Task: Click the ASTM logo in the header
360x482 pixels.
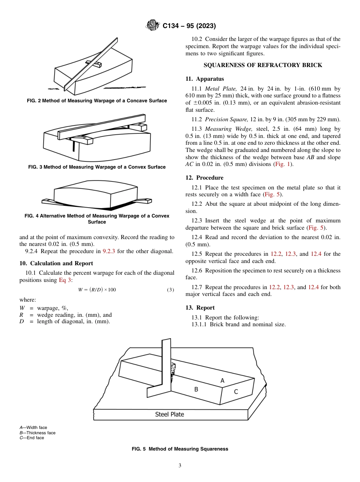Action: pos(153,26)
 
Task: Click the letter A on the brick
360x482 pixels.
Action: pos(222,380)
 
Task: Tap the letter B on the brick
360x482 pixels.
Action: pos(196,389)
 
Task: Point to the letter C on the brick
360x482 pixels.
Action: pos(236,392)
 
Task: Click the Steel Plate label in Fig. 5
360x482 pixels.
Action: pos(169,414)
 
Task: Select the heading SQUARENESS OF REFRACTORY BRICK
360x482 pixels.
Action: pos(263,65)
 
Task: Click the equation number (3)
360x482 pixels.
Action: pos(170,290)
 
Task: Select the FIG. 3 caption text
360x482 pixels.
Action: pos(97,167)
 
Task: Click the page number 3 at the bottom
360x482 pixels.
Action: pos(180,466)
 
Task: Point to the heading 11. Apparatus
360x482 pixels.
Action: pos(204,79)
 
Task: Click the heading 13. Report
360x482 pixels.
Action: pos(200,308)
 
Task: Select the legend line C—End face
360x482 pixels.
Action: pos(32,438)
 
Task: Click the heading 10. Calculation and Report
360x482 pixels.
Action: pos(56,263)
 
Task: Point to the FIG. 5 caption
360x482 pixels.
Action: pos(180,449)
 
